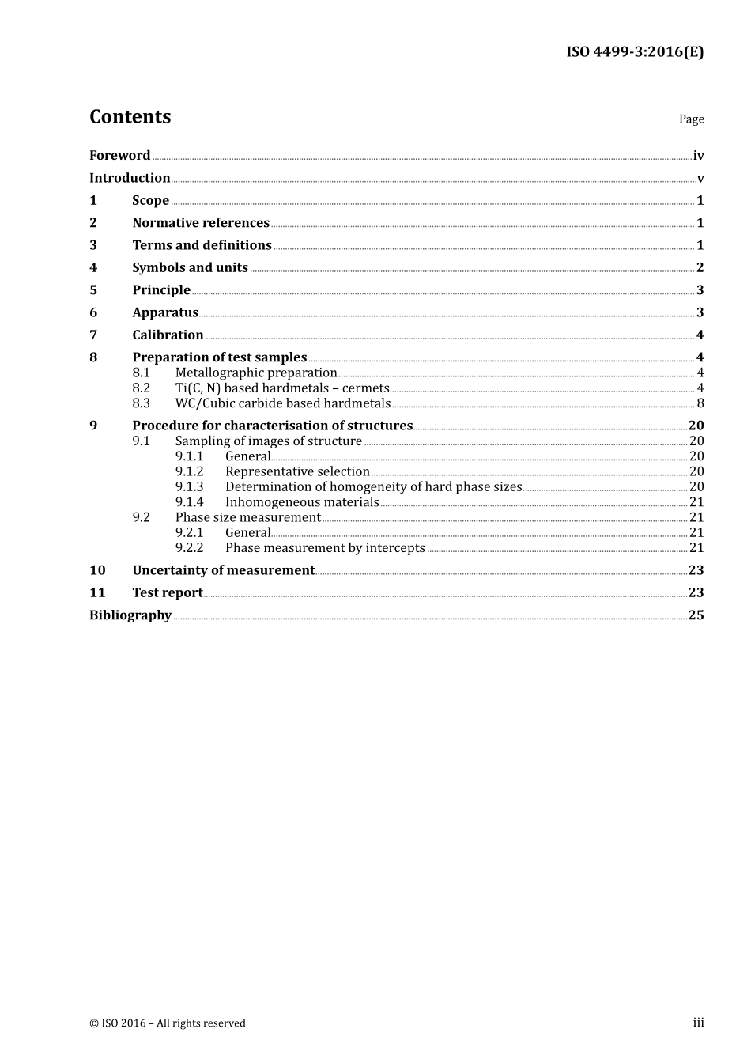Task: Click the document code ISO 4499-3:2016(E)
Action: pyautogui.click(x=634, y=52)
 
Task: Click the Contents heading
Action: pyautogui.click(x=130, y=117)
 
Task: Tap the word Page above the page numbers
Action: pyautogui.click(x=691, y=119)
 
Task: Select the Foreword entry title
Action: pyautogui.click(x=119, y=156)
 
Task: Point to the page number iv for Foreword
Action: pyautogui.click(x=698, y=156)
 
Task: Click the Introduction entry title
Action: pyautogui.click(x=130, y=178)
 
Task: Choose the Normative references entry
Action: pyautogui.click(x=201, y=223)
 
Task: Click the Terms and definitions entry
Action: pyautogui.click(x=202, y=245)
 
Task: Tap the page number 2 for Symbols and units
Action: pyautogui.click(x=700, y=267)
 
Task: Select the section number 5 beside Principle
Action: pyautogui.click(x=93, y=290)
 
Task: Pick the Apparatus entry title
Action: pyautogui.click(x=165, y=312)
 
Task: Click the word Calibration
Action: pyautogui.click(x=168, y=335)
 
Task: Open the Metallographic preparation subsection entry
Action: pyautogui.click(x=256, y=373)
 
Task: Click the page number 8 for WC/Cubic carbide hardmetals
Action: pyautogui.click(x=700, y=403)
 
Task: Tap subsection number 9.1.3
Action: pyautogui.click(x=189, y=487)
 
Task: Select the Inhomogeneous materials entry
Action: pyautogui.click(x=302, y=502)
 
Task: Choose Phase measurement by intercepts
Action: pyautogui.click(x=325, y=548)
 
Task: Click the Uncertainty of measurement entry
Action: pyautogui.click(x=223, y=570)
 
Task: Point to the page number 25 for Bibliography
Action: pyautogui.click(x=696, y=615)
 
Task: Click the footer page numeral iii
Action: pyautogui.click(x=698, y=1023)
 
